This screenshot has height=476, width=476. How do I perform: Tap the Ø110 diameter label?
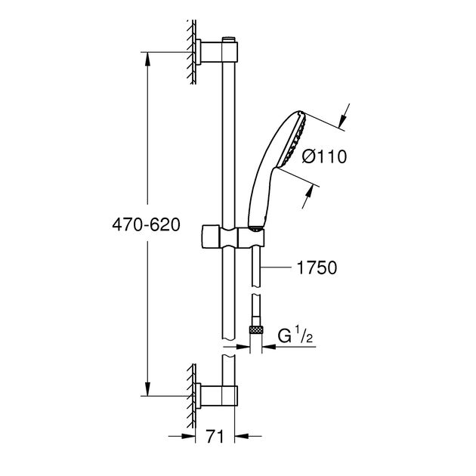[323, 157]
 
